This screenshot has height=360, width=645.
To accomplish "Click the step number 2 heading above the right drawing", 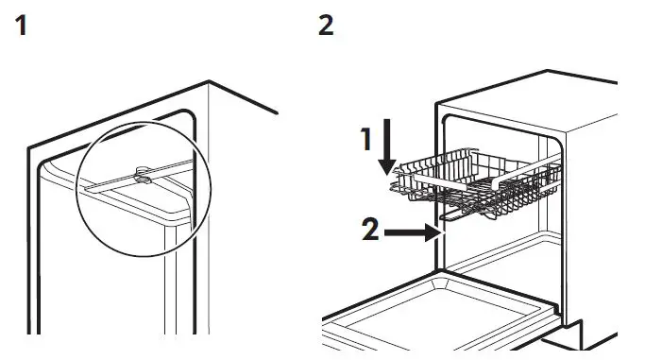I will click(326, 26).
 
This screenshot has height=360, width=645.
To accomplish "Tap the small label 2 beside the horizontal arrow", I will click(371, 229).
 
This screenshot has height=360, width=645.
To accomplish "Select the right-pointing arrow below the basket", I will click(412, 230).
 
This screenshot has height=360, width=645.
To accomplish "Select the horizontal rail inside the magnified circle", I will click(113, 184).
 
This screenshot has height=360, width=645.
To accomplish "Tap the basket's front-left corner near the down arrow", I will click(397, 185).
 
